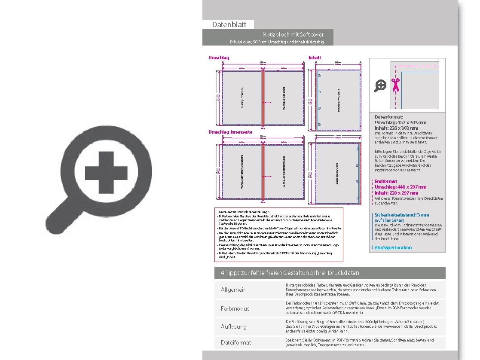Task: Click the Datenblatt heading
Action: pos(229,24)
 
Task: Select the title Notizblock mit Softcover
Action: pos(293,34)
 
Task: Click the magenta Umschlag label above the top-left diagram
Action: pos(219,58)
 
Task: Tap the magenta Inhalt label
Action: pos(315,58)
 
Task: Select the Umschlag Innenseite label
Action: pos(230,132)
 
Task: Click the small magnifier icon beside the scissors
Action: pos(380,85)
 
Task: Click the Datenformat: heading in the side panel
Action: pos(389,117)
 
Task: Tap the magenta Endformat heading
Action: pos(386,181)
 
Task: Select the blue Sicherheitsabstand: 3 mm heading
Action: pos(401,215)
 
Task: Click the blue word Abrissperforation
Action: pos(393,247)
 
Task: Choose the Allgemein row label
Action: pos(234,290)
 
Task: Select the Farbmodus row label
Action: pos(235,308)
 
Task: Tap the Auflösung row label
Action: pos(234,326)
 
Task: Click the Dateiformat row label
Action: pos(236,342)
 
